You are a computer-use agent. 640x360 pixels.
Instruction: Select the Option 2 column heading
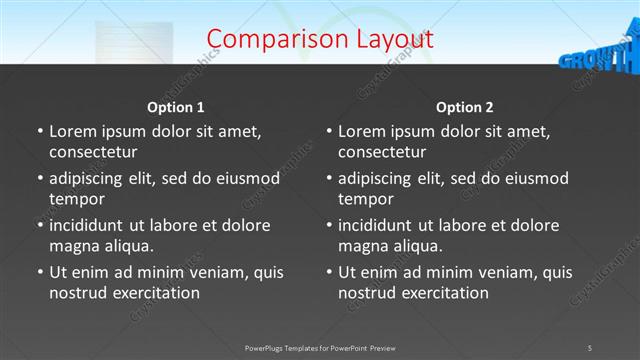tap(465, 107)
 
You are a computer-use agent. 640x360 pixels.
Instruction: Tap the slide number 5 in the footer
tap(589, 347)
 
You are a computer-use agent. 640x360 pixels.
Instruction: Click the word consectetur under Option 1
tap(93, 152)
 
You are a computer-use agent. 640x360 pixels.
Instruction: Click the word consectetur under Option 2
tap(382, 152)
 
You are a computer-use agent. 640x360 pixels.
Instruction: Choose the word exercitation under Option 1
tap(156, 293)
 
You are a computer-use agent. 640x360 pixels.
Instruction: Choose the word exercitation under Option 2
tap(445, 293)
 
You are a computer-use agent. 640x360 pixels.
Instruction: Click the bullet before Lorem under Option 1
tap(39, 131)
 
